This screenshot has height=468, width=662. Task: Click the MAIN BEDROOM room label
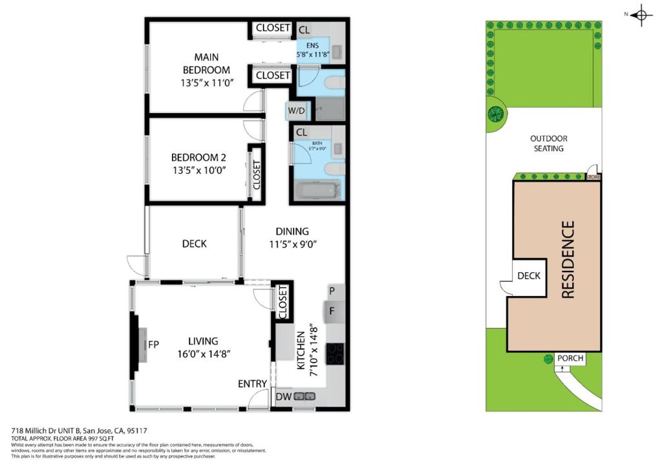(x=206, y=63)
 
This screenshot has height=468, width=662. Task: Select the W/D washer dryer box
(x=297, y=111)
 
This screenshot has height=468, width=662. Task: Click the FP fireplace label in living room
(x=153, y=344)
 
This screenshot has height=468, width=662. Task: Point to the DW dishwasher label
(x=283, y=396)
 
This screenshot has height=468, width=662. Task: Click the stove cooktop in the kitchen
(x=335, y=354)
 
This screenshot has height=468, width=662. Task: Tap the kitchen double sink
(x=304, y=396)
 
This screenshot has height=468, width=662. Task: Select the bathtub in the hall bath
(x=317, y=190)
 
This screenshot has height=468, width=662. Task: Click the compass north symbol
(x=641, y=16)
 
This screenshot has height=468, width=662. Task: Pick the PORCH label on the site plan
(x=570, y=358)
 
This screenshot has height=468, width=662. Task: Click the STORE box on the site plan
(x=593, y=176)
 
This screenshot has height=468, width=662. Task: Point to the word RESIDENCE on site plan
(x=568, y=260)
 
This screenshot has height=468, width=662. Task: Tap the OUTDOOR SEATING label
(x=548, y=144)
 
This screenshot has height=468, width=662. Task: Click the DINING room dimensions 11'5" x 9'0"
(x=292, y=244)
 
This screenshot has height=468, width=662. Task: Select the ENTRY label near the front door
(x=252, y=384)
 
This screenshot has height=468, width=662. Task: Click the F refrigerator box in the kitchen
(x=332, y=311)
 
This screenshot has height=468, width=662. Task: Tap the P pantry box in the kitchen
(x=332, y=292)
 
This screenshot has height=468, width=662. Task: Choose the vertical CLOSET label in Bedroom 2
(x=255, y=175)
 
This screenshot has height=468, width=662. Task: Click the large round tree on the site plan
(x=496, y=114)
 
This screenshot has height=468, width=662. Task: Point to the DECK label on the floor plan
(x=194, y=244)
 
